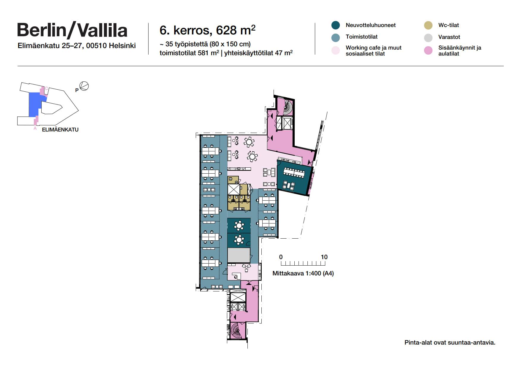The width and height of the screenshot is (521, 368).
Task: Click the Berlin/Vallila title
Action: (x=72, y=30)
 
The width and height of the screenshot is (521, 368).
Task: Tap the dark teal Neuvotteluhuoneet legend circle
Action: (x=335, y=25)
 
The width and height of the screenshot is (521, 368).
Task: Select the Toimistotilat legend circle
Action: (x=335, y=37)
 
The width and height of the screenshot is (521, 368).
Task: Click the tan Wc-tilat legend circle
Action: (x=428, y=25)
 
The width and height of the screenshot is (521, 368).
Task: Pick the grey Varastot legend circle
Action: (x=428, y=38)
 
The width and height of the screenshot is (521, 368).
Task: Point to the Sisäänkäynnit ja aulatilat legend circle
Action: (x=428, y=50)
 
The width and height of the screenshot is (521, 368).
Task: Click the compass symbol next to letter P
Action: (x=84, y=86)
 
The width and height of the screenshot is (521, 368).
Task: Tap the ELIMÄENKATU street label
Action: (x=60, y=130)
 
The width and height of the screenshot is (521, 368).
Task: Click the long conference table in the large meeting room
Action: (x=294, y=173)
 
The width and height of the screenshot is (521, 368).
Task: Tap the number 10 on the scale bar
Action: (x=324, y=257)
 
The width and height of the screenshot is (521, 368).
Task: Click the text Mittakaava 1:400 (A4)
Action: (x=303, y=273)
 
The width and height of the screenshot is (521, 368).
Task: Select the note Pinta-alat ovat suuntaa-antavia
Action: (x=450, y=342)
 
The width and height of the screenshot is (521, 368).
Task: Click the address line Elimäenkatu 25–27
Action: (x=77, y=46)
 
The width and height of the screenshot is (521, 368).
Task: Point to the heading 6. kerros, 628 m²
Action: (x=207, y=30)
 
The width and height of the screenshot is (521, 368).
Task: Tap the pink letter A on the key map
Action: (x=35, y=128)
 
